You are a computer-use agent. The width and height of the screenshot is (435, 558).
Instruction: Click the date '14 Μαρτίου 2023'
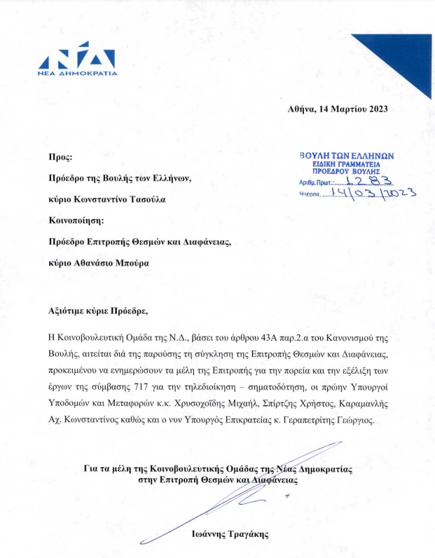353,109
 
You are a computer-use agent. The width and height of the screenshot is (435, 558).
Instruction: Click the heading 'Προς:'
60,158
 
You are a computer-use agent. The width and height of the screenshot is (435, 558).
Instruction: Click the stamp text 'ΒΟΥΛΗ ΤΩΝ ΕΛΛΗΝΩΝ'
347,156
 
